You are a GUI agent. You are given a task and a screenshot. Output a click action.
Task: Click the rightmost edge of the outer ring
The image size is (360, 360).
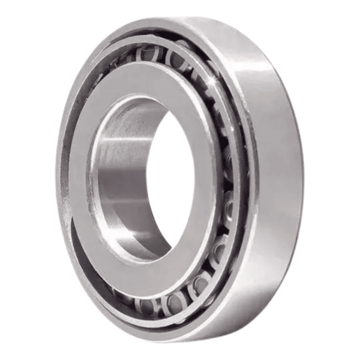click(303, 180)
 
